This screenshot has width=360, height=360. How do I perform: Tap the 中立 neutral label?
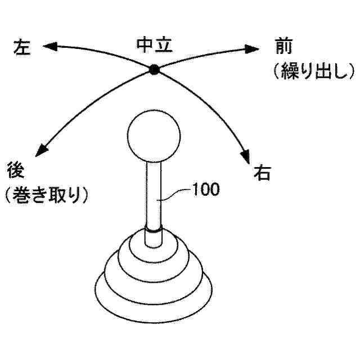[x=154, y=44]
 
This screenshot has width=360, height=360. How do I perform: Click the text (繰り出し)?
[x=311, y=71]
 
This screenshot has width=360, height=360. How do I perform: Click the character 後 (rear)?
[x=16, y=169]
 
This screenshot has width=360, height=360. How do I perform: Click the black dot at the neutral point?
[x=154, y=69]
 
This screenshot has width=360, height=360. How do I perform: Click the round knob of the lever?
[x=154, y=137]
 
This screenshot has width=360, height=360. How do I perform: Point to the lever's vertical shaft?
[x=154, y=191]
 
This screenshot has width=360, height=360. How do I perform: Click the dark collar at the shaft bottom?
[x=154, y=228]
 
